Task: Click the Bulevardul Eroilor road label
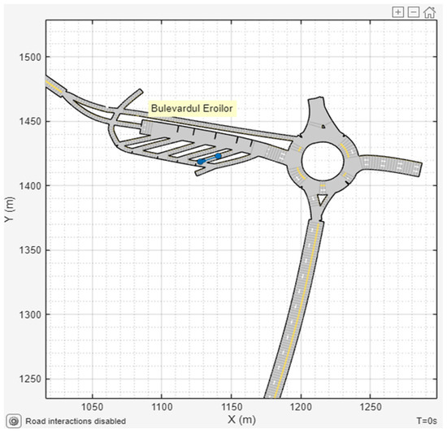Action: pos(192,109)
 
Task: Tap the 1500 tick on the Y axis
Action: pos(30,57)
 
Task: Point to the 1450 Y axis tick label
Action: pos(30,122)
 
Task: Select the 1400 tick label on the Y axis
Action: pos(30,186)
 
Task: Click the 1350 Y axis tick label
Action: pos(30,250)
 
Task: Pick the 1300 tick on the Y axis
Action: pos(30,314)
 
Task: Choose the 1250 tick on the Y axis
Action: pos(30,379)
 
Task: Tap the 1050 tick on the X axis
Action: pos(93,407)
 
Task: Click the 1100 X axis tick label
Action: pos(162,407)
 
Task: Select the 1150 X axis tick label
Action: pos(232,407)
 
